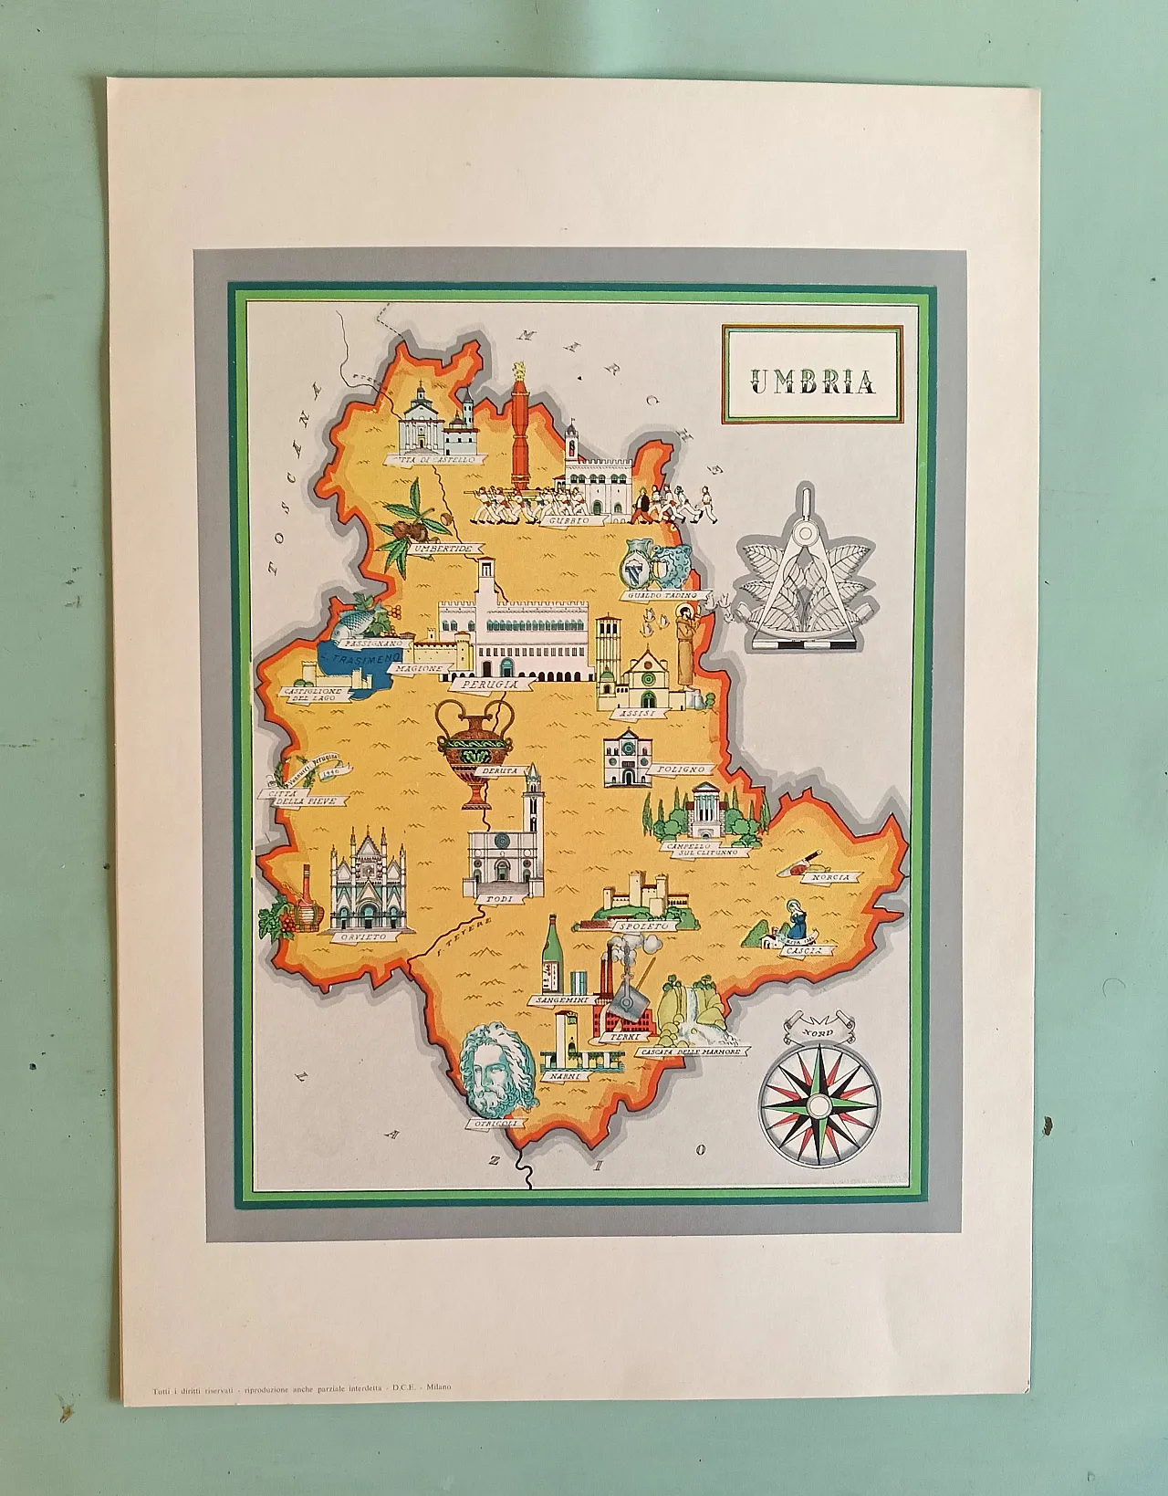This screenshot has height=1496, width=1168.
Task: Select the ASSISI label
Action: click(x=631, y=713)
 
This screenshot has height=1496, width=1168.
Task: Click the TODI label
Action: click(x=499, y=899)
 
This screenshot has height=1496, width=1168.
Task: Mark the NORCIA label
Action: click(x=832, y=877)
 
